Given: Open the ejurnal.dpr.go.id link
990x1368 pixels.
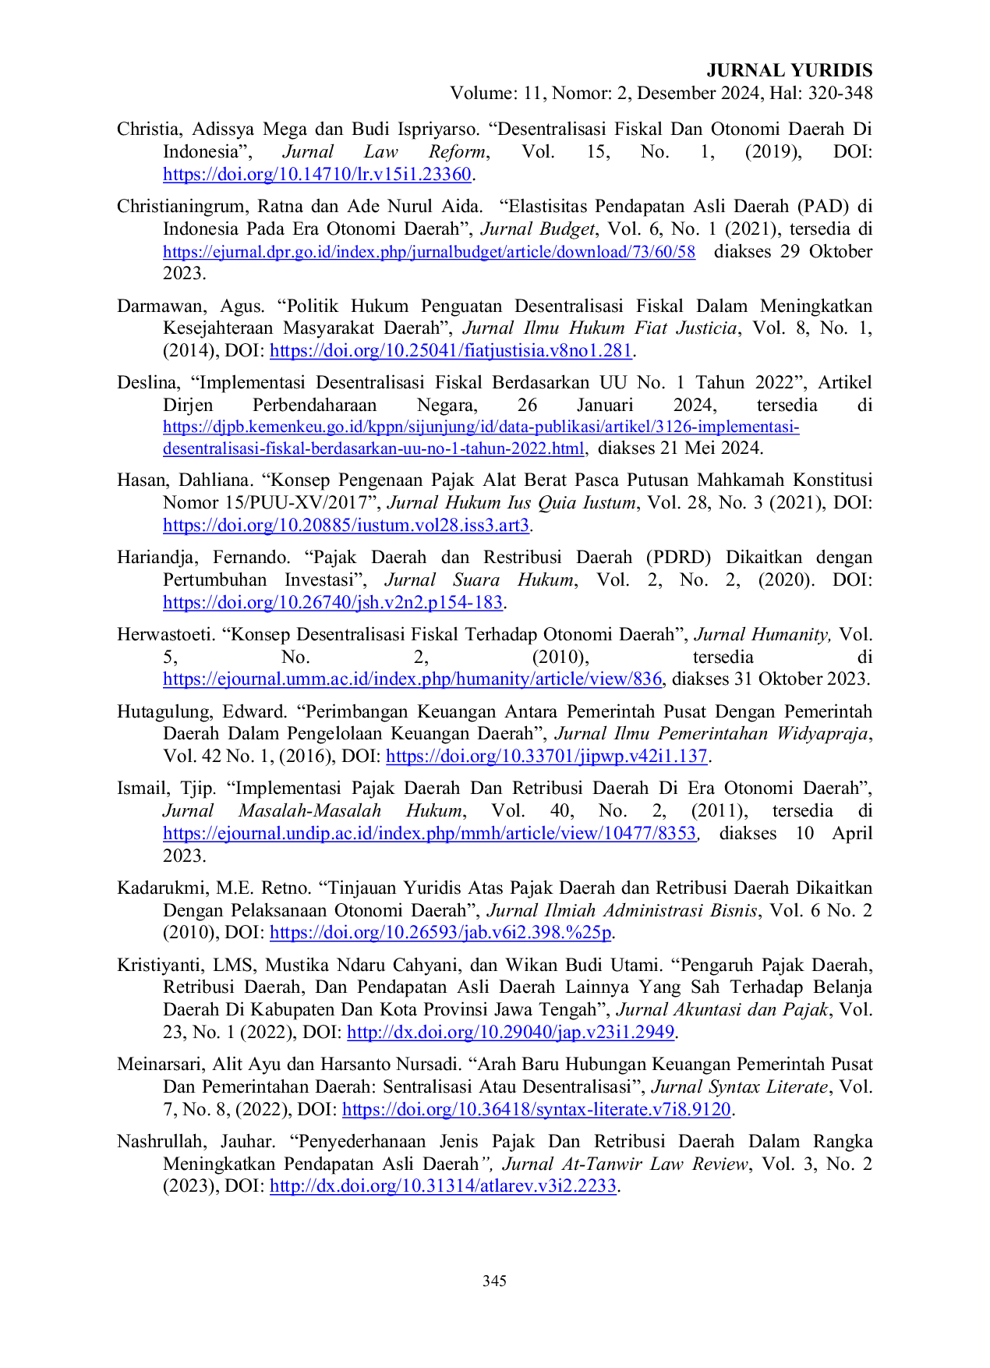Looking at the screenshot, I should click(x=429, y=252).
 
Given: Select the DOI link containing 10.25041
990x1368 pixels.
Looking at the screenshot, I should click(x=451, y=352).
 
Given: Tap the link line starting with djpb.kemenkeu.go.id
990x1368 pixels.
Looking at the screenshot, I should click(x=482, y=428).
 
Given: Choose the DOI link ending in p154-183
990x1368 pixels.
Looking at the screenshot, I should click(x=334, y=602).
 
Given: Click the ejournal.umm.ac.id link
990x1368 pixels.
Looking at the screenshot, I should click(x=412, y=679).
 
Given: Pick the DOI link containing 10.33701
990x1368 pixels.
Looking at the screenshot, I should click(x=546, y=756).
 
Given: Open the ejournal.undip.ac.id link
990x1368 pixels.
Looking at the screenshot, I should click(x=429, y=833).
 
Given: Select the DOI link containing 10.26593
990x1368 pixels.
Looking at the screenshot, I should click(x=440, y=931).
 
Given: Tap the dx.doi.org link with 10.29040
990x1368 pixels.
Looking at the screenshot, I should click(x=511, y=1032).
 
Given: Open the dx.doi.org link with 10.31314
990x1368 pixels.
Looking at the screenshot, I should click(x=443, y=1186).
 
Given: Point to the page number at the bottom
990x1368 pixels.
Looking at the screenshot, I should click(x=494, y=1281).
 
